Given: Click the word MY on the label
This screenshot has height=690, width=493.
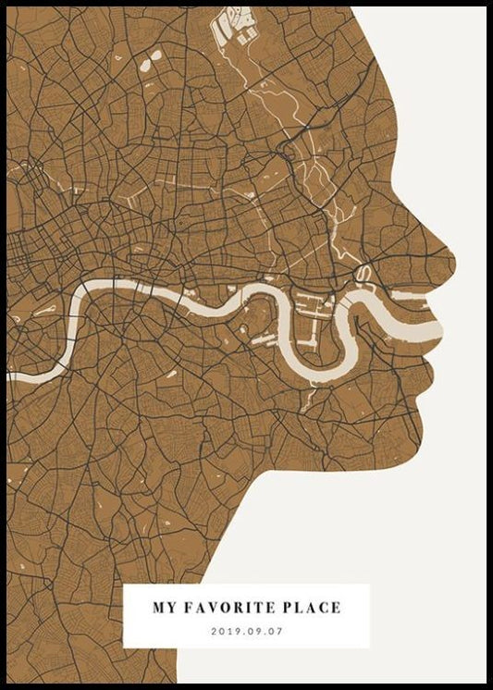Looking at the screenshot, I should pyautogui.click(x=165, y=609).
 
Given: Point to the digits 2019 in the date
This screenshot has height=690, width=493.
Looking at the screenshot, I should pyautogui.click(x=225, y=631).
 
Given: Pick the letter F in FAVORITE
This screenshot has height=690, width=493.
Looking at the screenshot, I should pyautogui.click(x=189, y=609).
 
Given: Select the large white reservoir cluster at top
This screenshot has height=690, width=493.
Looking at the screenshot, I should pyautogui.click(x=235, y=29).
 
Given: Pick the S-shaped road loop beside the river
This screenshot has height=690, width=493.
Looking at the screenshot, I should pyautogui.click(x=364, y=274).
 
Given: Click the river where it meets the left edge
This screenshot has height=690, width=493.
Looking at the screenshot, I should pyautogui.click(x=11, y=376).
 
